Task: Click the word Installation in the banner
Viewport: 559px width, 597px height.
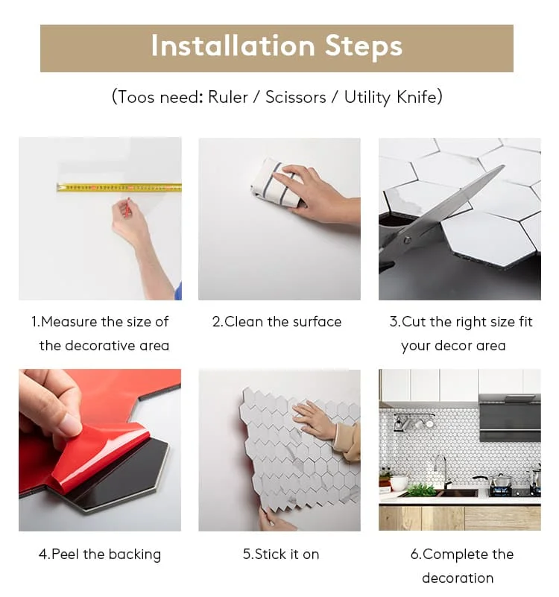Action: (233, 45)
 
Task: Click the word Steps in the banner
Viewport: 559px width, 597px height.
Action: (363, 47)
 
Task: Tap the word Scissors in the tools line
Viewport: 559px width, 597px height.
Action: (295, 97)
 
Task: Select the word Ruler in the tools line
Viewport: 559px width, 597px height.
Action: (227, 97)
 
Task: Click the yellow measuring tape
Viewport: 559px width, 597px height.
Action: (119, 187)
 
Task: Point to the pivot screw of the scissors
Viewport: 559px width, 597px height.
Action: (408, 240)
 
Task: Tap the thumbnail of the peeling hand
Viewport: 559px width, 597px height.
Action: (71, 425)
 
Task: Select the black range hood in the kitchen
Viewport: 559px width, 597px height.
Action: (510, 417)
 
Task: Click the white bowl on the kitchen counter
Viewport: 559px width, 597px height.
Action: (398, 483)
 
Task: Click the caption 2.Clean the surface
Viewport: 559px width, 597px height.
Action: (277, 322)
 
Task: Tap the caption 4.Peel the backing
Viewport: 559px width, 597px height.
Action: (100, 555)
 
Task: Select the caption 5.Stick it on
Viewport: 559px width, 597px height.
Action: (281, 555)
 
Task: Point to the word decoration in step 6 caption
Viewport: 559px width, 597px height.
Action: (458, 578)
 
